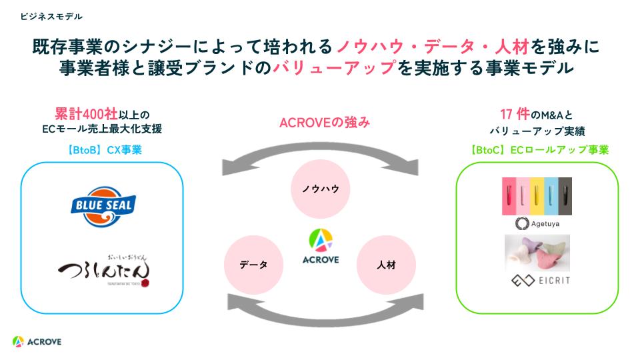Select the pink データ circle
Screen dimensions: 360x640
[253, 265]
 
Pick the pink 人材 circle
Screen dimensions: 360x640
[385, 265]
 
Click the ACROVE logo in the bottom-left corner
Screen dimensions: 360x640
[37, 341]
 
